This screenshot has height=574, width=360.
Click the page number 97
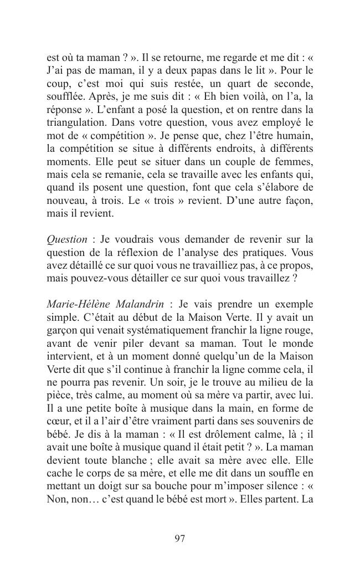pos(179,539)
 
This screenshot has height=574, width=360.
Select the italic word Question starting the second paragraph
pos(67,239)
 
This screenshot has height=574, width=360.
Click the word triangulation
pos(76,122)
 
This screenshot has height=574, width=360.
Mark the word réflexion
pos(117,252)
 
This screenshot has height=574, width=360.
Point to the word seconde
pos(293,84)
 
